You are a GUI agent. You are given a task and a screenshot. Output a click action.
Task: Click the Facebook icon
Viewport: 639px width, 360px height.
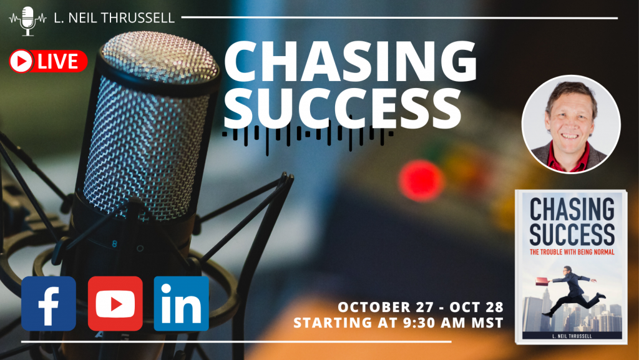click(49, 303)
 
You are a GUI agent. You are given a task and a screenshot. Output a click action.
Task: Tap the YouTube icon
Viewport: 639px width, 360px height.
click(115, 303)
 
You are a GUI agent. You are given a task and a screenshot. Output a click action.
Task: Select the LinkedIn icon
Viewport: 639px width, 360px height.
click(182, 303)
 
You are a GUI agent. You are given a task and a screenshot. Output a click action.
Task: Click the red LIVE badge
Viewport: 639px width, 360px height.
click(48, 62)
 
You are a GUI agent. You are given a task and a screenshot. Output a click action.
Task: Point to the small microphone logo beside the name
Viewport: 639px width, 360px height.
click(27, 21)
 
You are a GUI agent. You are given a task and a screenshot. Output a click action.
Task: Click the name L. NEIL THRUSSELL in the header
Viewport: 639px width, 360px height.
click(114, 18)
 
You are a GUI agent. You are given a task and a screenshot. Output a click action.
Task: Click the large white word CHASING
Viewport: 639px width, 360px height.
click(351, 61)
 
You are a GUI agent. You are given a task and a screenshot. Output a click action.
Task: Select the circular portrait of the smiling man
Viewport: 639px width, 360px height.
click(571, 124)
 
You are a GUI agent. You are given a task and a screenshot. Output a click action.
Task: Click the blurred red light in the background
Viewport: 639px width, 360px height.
click(421, 181)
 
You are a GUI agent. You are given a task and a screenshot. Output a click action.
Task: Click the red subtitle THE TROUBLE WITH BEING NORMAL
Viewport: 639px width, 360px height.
click(572, 252)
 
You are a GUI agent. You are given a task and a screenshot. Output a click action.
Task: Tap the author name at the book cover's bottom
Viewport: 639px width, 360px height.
click(572, 336)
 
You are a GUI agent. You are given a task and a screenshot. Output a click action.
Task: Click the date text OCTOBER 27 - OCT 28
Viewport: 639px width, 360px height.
click(421, 306)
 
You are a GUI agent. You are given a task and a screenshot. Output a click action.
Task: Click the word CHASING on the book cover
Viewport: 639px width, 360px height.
click(572, 208)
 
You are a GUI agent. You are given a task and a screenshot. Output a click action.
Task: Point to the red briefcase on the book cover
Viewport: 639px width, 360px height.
click(542, 281)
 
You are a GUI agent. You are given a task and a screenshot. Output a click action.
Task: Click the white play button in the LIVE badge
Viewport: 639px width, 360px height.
click(21, 62)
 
